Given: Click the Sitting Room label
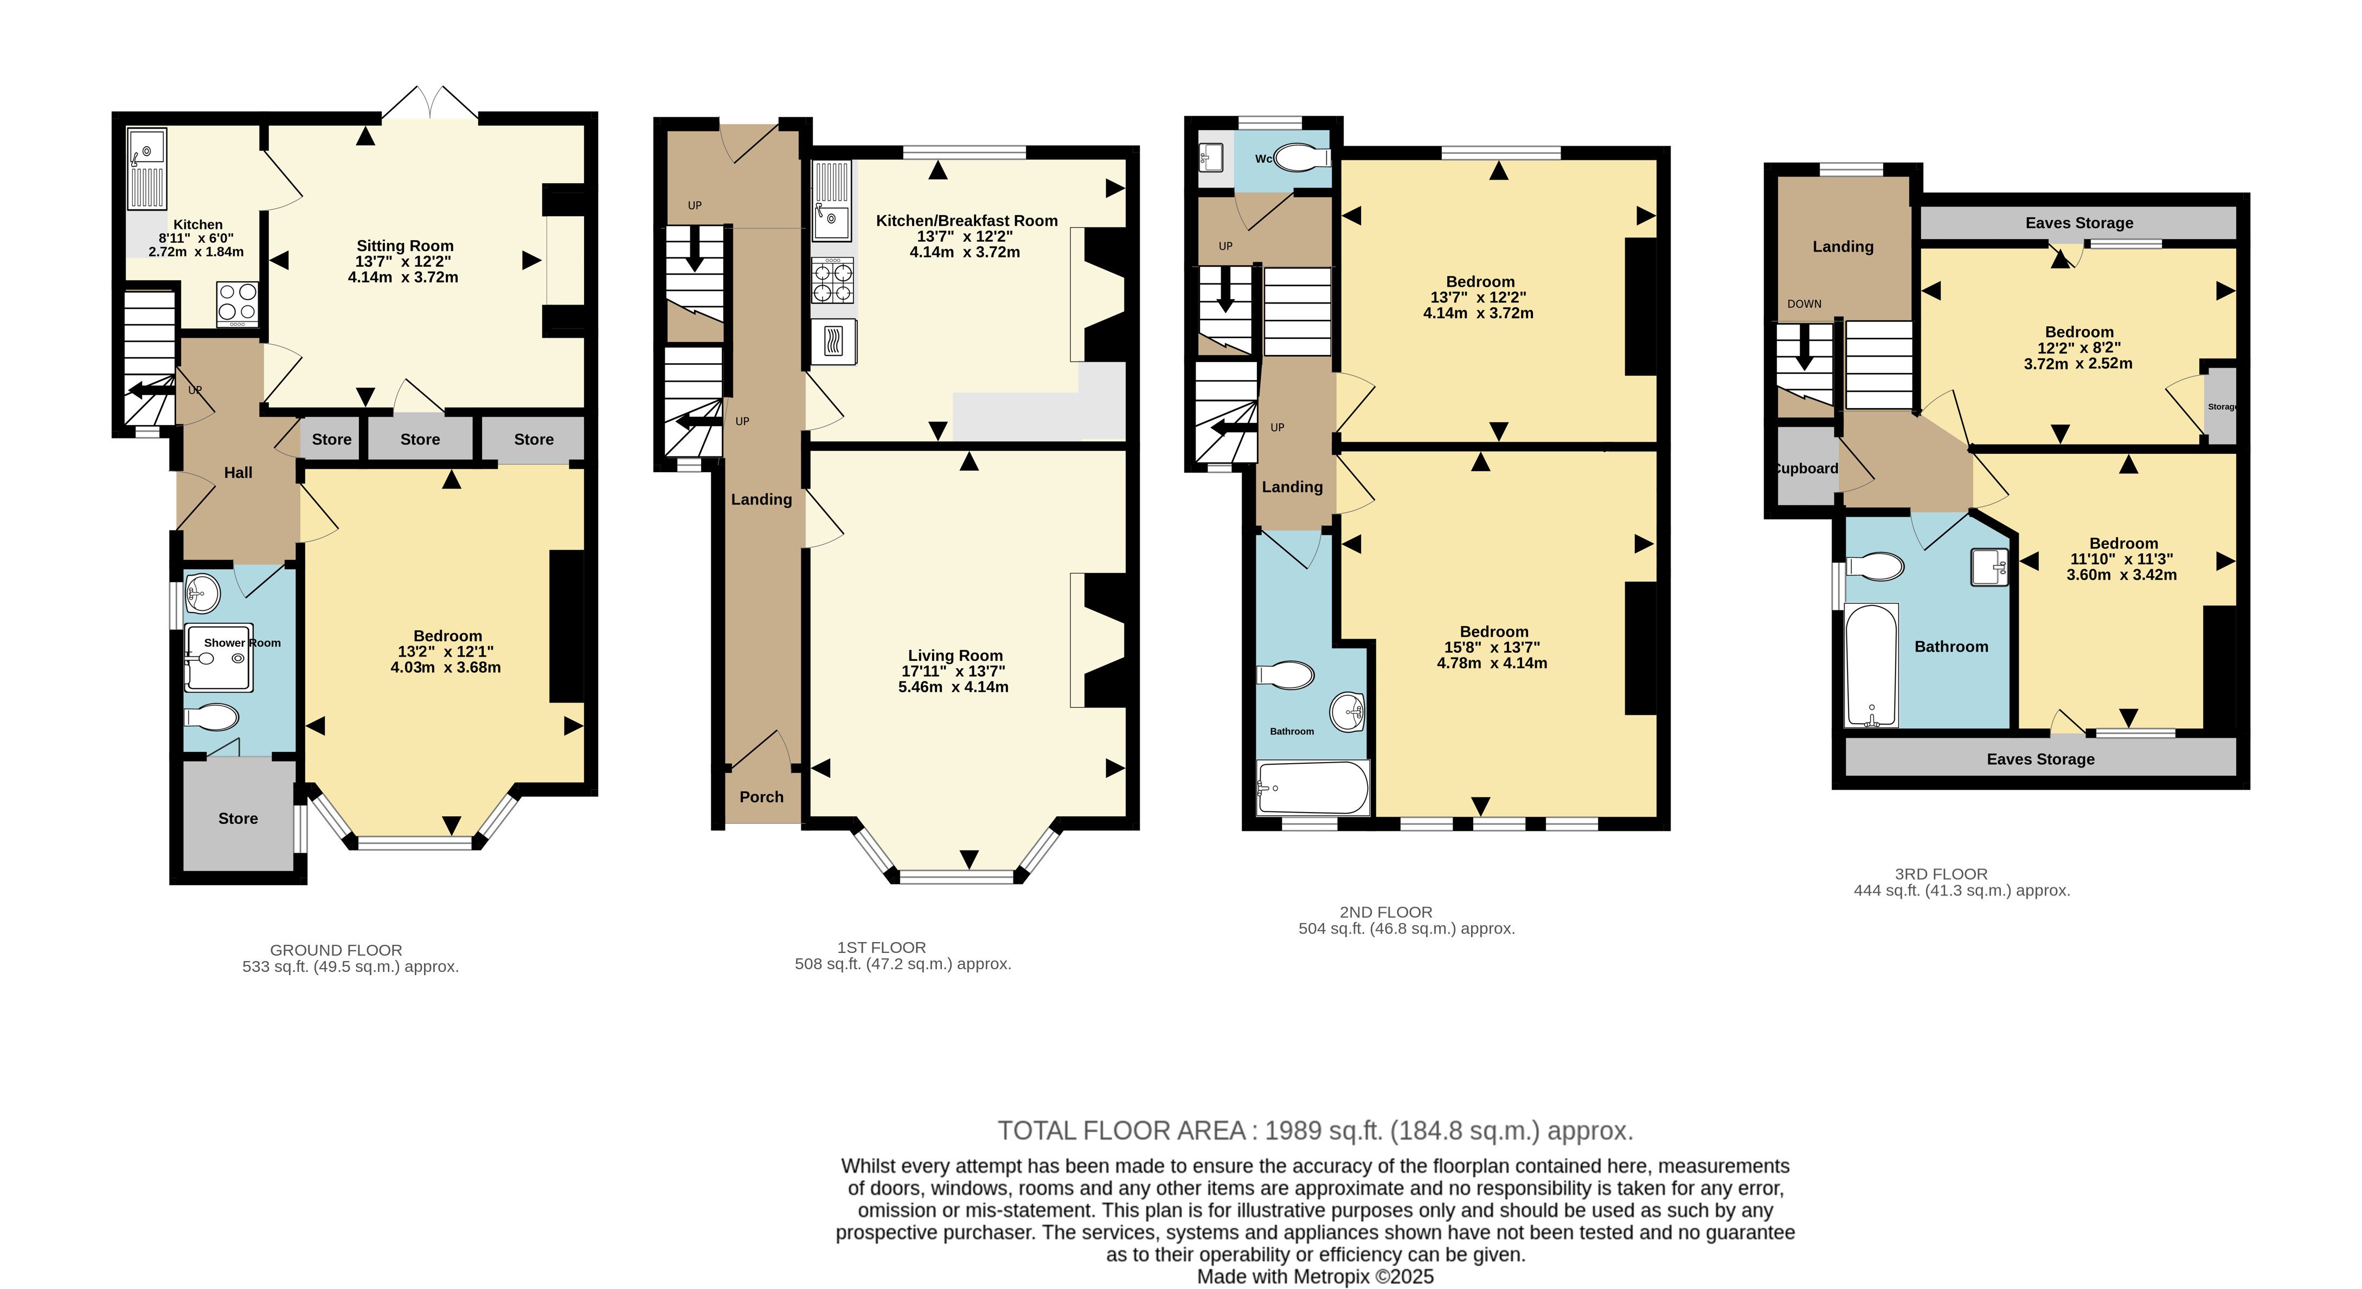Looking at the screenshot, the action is click(405, 246).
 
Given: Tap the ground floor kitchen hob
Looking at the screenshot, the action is click(238, 304).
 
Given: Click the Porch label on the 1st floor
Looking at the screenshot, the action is click(762, 797).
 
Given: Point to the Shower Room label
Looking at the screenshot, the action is click(242, 643).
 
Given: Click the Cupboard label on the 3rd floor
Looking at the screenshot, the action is click(1806, 468).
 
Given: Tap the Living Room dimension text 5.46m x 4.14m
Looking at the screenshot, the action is click(954, 687).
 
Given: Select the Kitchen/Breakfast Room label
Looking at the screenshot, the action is click(966, 221).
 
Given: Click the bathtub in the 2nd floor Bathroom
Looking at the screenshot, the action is click(1313, 788).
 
